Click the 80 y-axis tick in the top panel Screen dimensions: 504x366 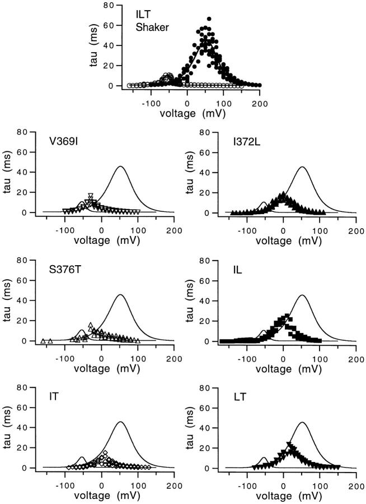[116, 5]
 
